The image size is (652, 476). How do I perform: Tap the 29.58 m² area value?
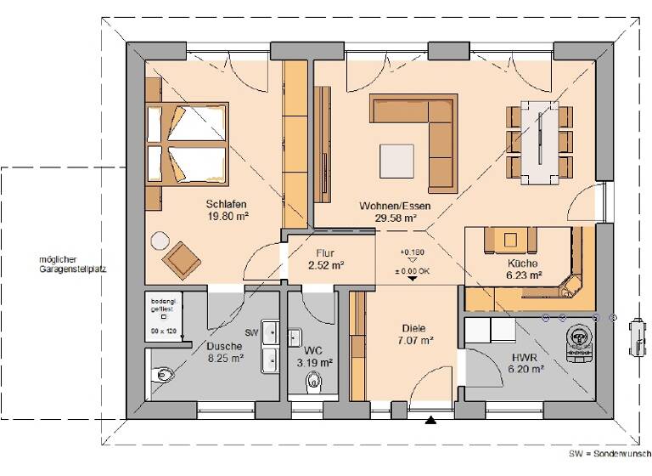(x=396, y=218)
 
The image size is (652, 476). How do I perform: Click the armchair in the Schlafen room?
(x=182, y=258)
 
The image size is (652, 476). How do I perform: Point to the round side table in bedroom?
(x=158, y=241)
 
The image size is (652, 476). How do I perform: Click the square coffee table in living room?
(x=398, y=159)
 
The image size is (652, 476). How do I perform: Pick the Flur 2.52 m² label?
(x=326, y=259)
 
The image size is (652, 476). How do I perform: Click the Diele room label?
(x=413, y=328)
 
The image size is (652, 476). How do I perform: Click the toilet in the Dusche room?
(x=161, y=372)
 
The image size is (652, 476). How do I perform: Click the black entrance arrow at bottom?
(x=431, y=419)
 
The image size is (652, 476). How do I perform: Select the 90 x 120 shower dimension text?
(x=165, y=329)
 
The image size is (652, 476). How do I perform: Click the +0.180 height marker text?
(x=412, y=252)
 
